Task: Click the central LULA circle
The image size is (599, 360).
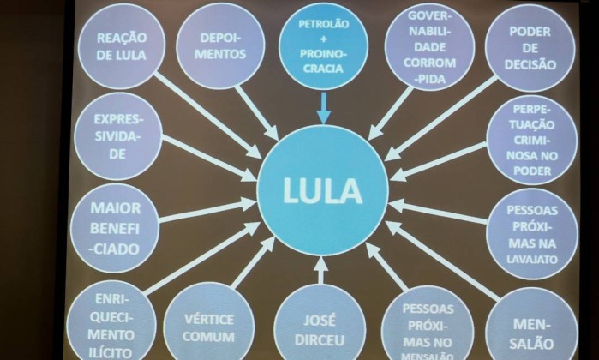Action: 323,191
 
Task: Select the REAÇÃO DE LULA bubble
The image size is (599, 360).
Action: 122,46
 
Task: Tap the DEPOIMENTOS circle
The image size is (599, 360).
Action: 220,45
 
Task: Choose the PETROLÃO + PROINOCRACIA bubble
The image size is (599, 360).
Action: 323,46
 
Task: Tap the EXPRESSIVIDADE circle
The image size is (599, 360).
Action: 118,138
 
